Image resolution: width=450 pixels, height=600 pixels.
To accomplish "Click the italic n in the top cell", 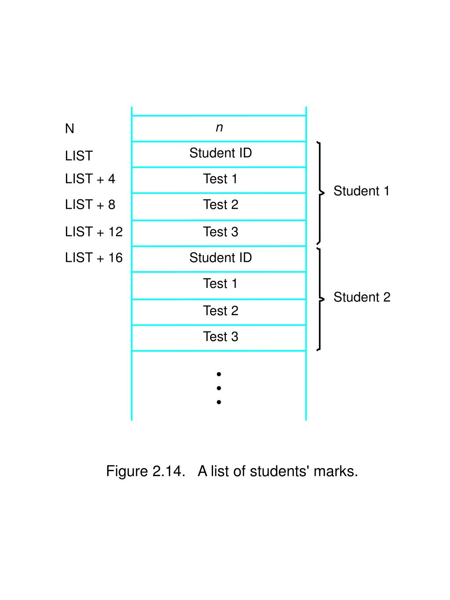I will [x=219, y=128].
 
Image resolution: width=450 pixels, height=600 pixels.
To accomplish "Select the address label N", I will [x=69, y=129].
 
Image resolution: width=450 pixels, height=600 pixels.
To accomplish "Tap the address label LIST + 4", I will [x=90, y=179].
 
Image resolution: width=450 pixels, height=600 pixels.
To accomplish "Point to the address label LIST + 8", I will [x=90, y=205].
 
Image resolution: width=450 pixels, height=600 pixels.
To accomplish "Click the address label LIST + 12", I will [x=94, y=232].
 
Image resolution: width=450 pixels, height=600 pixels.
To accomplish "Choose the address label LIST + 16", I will [x=94, y=258].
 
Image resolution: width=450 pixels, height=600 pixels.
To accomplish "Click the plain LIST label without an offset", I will [x=79, y=156].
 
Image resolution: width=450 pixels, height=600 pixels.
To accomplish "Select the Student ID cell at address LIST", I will [x=221, y=153].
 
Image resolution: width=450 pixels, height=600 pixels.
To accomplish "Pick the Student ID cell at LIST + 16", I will [x=221, y=258].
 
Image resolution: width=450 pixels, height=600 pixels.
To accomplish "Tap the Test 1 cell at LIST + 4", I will [x=220, y=179].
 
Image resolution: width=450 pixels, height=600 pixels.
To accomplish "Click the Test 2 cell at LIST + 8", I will [x=221, y=205].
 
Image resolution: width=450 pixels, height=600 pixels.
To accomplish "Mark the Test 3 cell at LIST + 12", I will [x=221, y=232].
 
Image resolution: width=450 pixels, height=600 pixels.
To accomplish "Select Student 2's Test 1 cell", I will [x=220, y=284].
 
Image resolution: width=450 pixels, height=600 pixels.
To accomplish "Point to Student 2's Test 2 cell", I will [x=221, y=311].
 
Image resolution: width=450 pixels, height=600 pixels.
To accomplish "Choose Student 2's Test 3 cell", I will [x=221, y=337].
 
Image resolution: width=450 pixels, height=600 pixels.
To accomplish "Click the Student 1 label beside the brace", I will [x=361, y=191].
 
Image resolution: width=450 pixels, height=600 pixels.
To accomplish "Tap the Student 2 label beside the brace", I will [x=362, y=297].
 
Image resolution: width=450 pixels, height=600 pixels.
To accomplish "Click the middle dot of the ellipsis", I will [x=219, y=388].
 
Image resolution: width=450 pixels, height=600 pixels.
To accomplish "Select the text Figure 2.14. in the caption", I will [x=145, y=471].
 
